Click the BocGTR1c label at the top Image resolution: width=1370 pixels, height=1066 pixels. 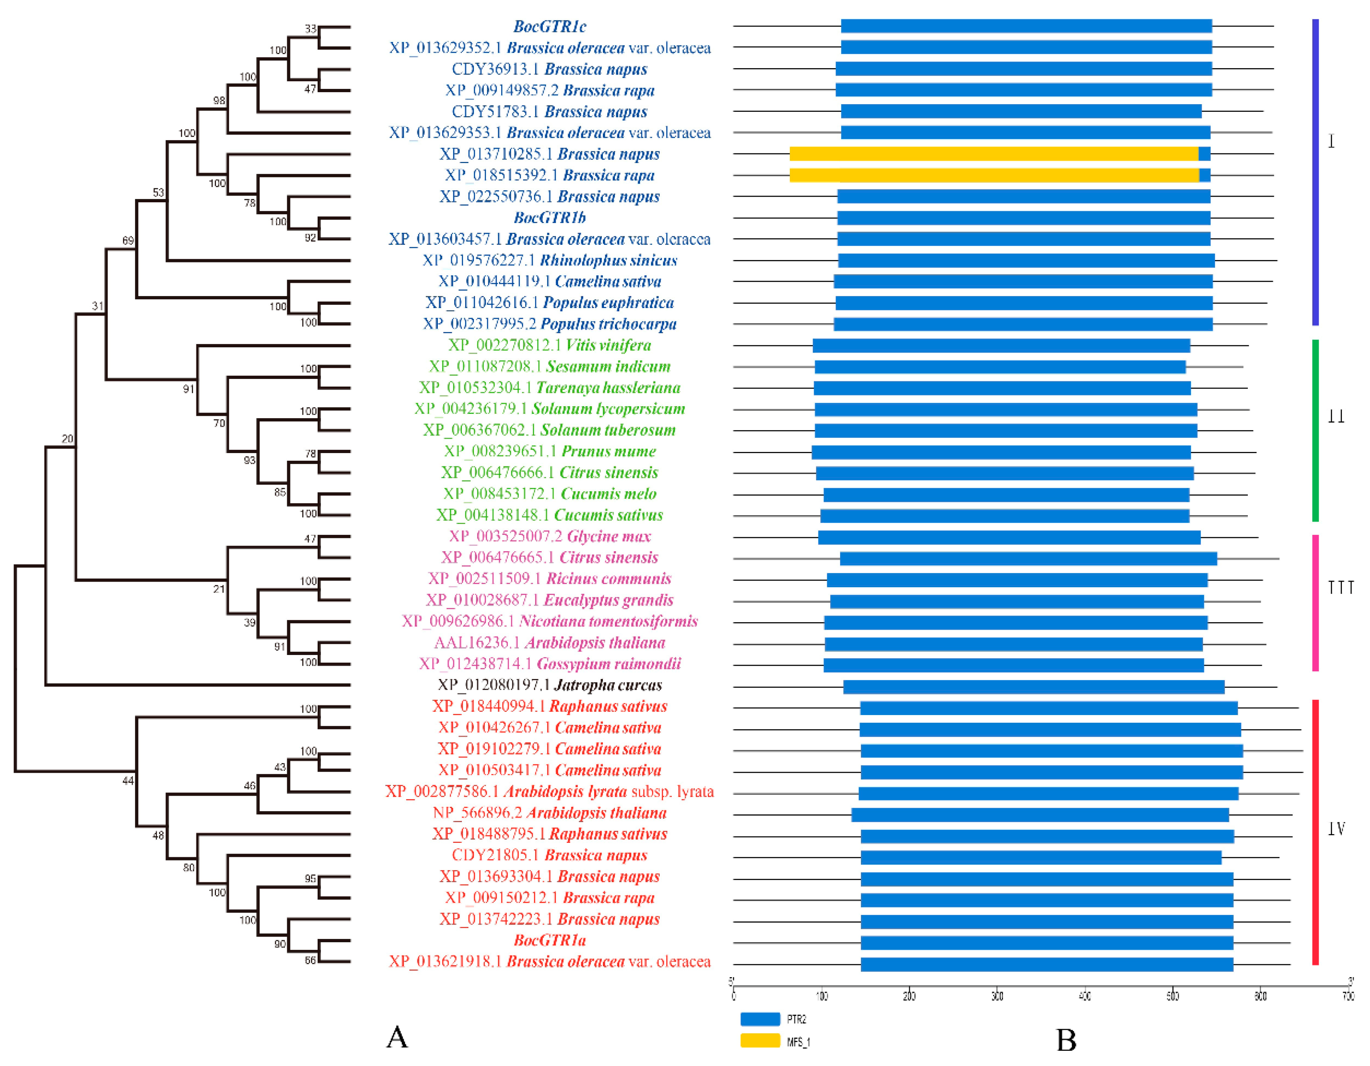point(550,26)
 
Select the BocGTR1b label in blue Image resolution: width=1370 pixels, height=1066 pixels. point(550,218)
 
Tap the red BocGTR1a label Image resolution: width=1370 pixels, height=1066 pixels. point(550,940)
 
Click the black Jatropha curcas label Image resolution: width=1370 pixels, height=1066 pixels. point(550,685)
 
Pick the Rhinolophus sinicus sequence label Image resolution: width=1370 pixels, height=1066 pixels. point(550,260)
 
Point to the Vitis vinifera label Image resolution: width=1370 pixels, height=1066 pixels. point(550,345)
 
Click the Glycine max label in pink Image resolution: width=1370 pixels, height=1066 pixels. point(550,536)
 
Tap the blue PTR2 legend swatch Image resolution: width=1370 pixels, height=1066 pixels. point(760,1019)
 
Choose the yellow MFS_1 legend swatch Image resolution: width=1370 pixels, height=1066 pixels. point(760,1041)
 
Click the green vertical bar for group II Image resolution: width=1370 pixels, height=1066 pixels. point(1316,430)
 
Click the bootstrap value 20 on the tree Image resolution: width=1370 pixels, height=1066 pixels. point(67,439)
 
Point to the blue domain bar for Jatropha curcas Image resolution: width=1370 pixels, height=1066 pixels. point(1034,687)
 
